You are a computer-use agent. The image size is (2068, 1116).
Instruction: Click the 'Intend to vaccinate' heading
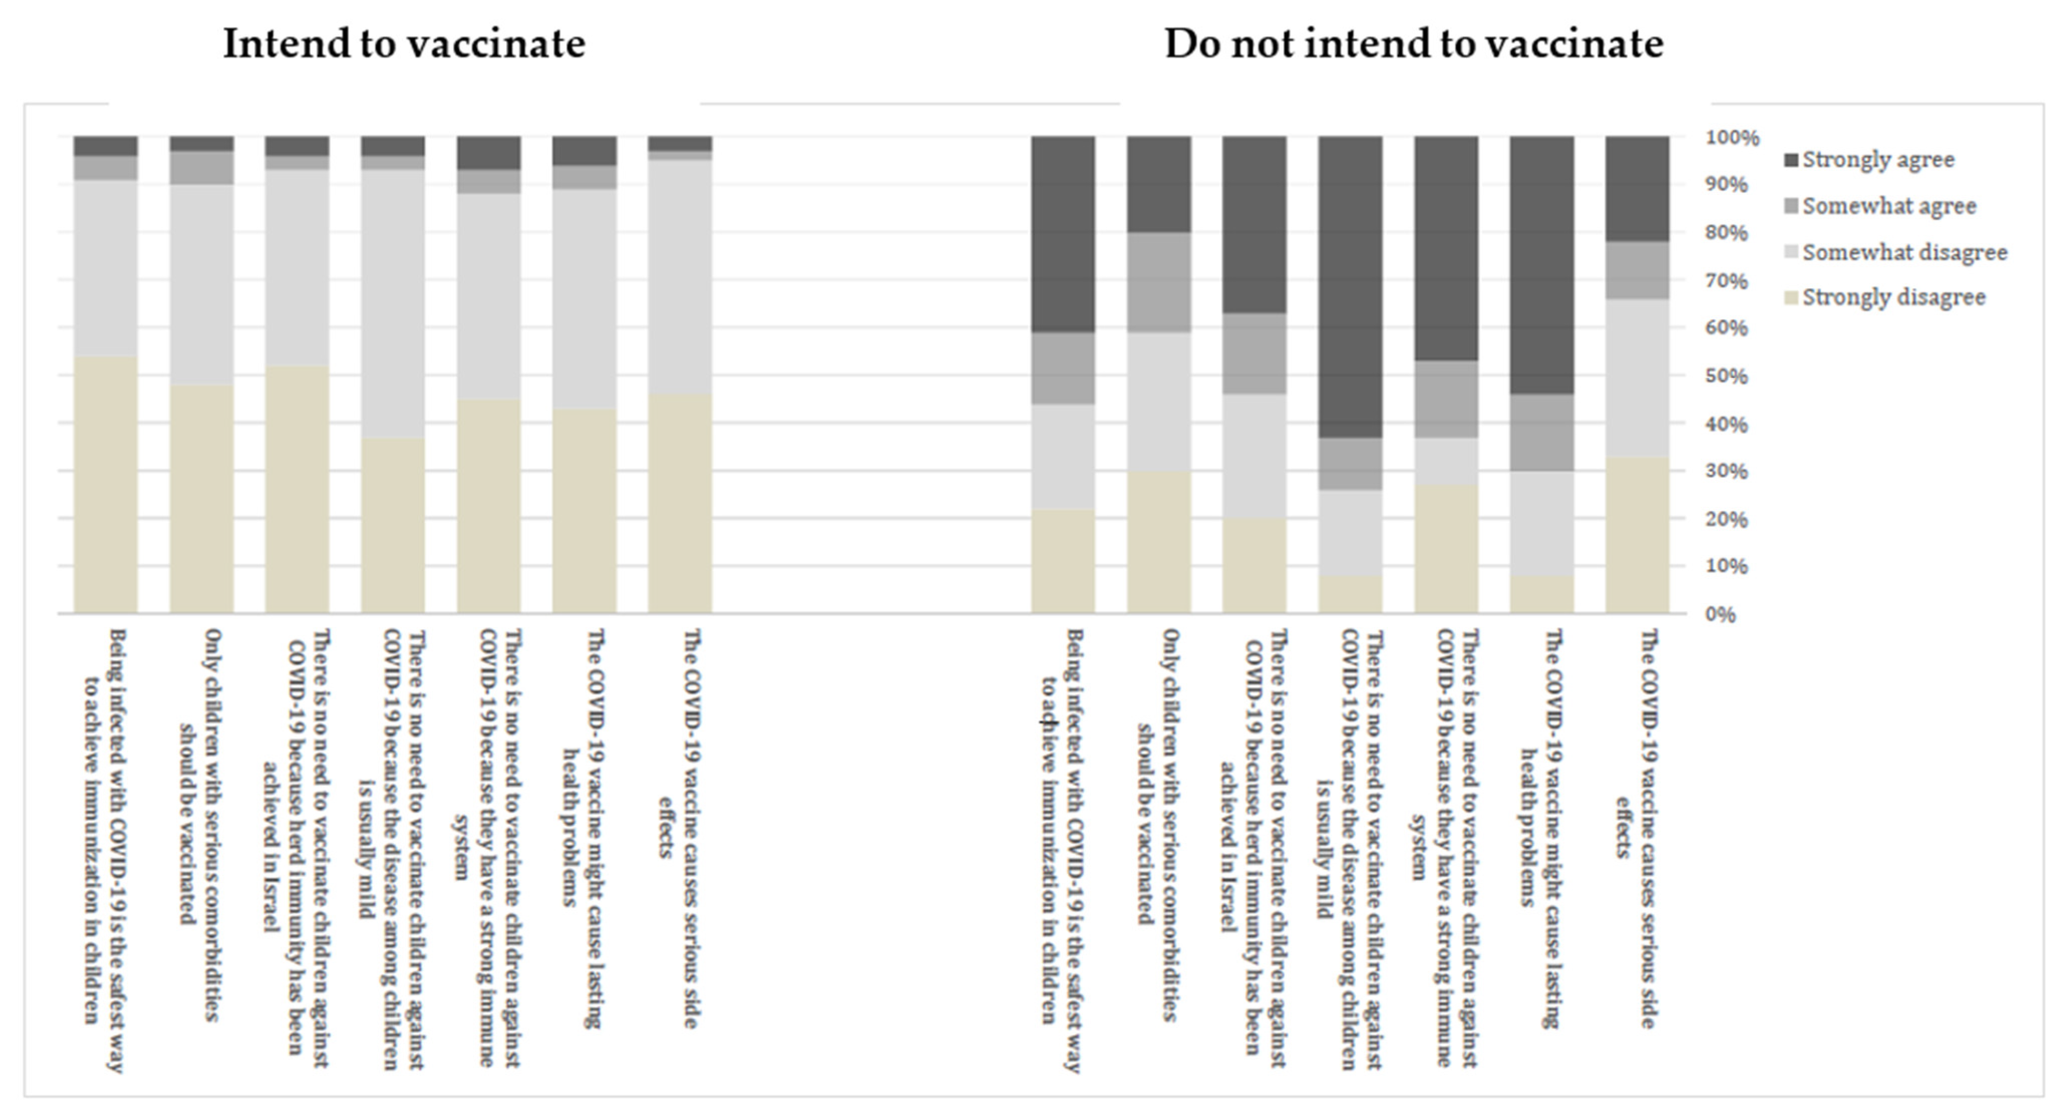pyautogui.click(x=404, y=43)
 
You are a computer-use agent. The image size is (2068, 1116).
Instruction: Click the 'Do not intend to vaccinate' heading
pyautogui.click(x=1414, y=43)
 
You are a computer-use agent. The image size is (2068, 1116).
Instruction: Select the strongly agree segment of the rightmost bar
pyautogui.click(x=1637, y=189)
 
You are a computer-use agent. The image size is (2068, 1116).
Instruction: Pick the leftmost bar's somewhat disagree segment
pyautogui.click(x=105, y=267)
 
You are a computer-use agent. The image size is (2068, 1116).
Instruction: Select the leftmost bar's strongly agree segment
pyautogui.click(x=105, y=145)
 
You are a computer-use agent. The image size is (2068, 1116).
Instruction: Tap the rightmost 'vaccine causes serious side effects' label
pyautogui.click(x=1636, y=827)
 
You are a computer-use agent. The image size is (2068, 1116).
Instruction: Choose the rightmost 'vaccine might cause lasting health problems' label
pyautogui.click(x=1541, y=827)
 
